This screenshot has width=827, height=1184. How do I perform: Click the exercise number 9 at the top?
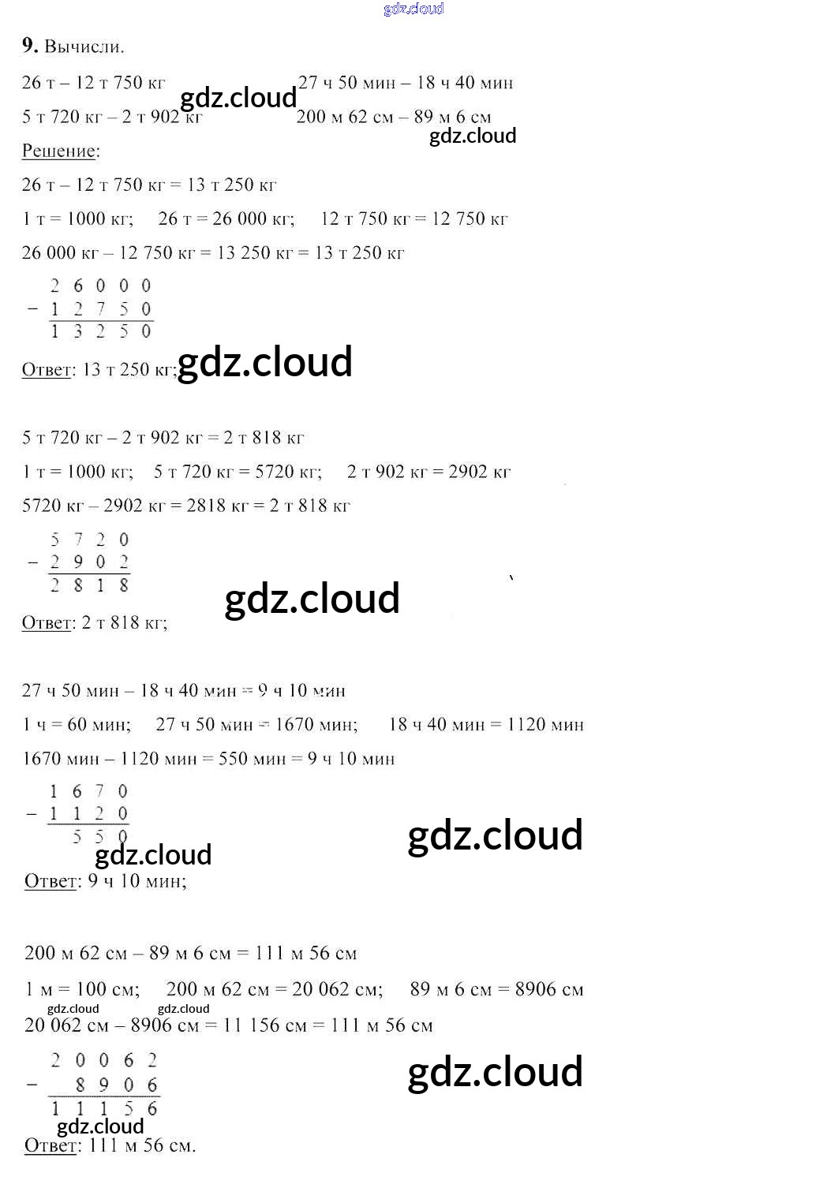29,46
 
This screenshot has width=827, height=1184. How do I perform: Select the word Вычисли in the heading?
84,47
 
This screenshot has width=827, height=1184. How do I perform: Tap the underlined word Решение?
60,151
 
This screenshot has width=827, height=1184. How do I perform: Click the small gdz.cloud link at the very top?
413,9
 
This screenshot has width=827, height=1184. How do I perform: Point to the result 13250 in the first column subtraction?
100,331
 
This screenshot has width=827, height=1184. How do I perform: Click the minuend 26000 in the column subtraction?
100,286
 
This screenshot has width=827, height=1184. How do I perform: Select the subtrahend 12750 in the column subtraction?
100,308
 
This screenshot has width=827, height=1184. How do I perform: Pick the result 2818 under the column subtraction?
89,585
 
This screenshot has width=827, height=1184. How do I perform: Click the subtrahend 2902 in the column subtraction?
89,562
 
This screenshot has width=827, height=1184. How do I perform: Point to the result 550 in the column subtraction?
99,837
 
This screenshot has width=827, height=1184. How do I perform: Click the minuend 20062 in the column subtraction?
103,1060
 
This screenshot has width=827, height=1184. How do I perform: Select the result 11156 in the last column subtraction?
103,1108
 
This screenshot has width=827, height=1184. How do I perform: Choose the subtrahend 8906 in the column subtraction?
116,1085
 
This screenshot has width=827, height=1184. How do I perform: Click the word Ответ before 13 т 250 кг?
47,370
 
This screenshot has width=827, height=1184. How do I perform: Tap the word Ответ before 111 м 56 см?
51,1145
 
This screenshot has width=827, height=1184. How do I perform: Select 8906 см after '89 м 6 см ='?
549,989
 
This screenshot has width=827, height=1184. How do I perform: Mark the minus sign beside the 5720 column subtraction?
32,562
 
